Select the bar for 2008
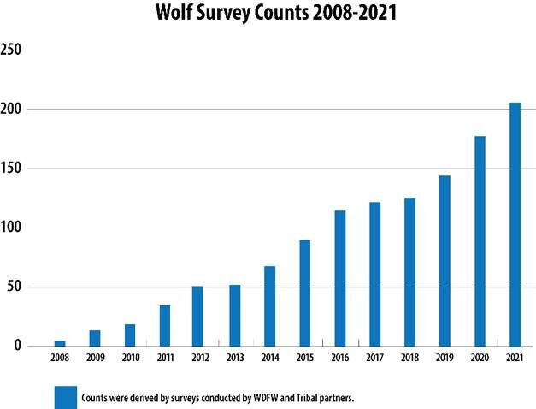(x=60, y=343)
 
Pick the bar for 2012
(x=197, y=316)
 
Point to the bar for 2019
(x=445, y=261)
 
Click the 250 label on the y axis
(x=11, y=50)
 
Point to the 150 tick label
(x=11, y=169)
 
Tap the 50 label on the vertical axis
(x=9, y=287)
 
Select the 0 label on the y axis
(x=5, y=347)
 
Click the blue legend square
(x=66, y=398)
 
